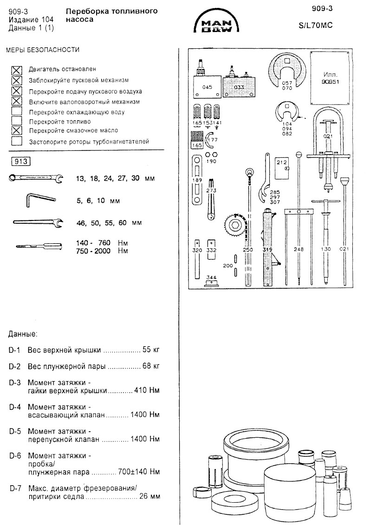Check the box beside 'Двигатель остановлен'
tap(17, 70)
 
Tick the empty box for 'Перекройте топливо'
tap(17, 121)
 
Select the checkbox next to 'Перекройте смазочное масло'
tap(17, 130)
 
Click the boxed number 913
tap(20, 162)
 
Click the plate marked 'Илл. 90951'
tap(330, 78)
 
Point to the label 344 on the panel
tap(212, 278)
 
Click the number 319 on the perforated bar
tap(267, 250)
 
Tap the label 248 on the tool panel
tap(299, 250)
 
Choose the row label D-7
tap(14, 488)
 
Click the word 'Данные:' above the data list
tap(23, 334)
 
